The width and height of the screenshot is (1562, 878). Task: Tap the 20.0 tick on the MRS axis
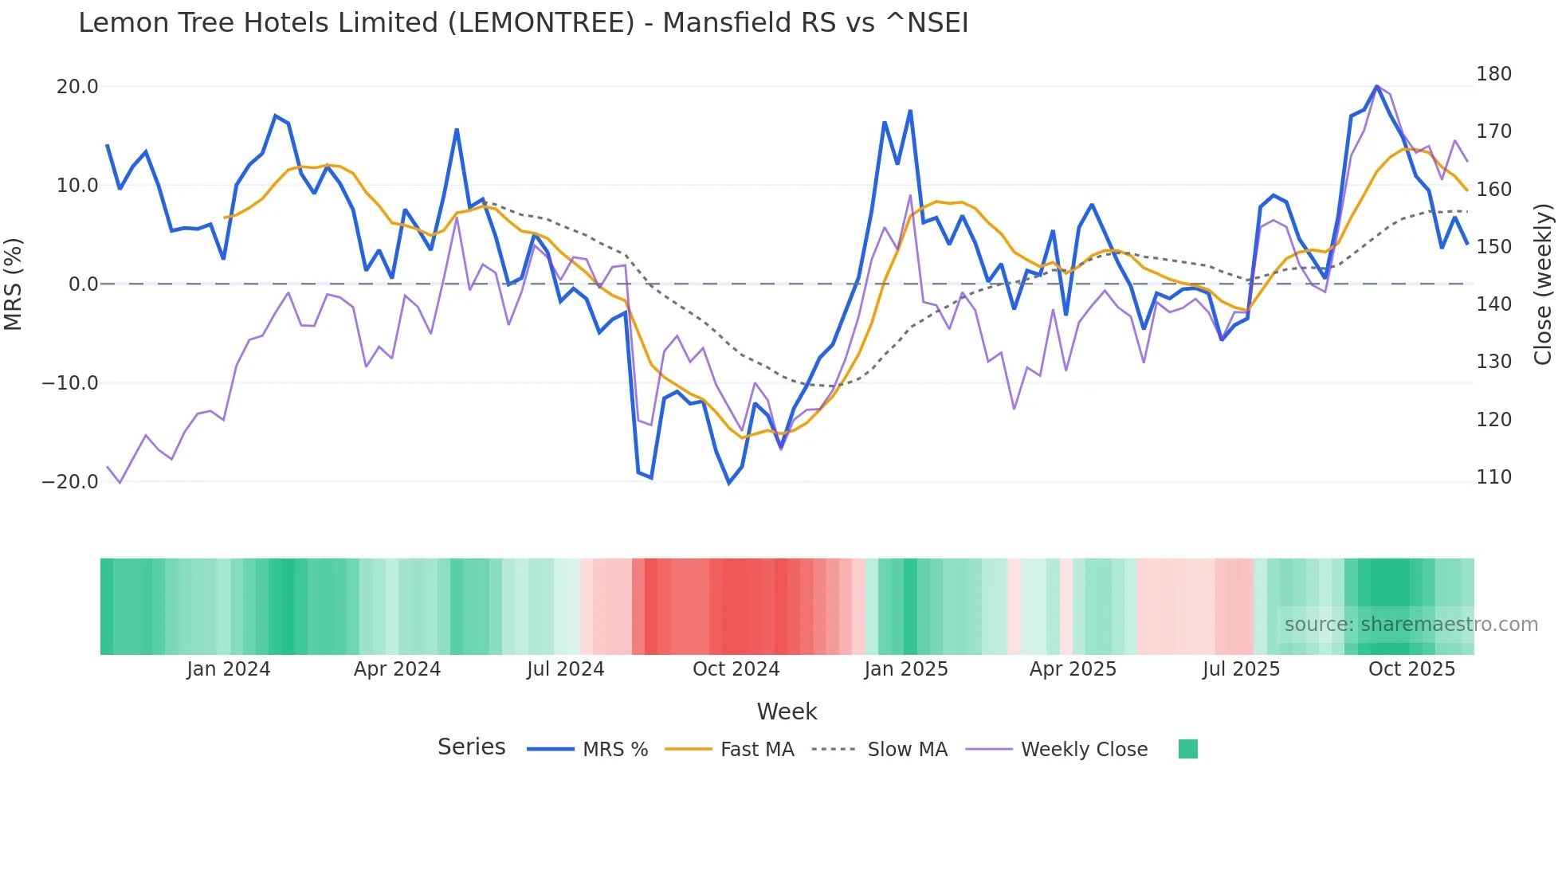click(x=77, y=87)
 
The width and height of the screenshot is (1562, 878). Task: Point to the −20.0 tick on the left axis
click(x=70, y=482)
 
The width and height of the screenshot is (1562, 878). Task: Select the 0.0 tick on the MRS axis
click(x=83, y=284)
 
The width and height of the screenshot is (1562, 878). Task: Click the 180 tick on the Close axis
click(x=1493, y=74)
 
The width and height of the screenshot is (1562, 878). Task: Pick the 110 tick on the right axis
click(x=1493, y=477)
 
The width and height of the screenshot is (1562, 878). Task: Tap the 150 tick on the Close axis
click(x=1493, y=247)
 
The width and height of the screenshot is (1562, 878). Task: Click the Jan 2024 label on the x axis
click(x=229, y=669)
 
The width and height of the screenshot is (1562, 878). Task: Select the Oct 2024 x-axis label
click(x=736, y=669)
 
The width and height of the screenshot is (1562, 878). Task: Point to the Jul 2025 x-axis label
click(x=1241, y=669)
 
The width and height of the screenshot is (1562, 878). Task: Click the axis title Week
click(x=787, y=711)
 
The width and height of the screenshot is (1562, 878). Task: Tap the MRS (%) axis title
click(x=14, y=284)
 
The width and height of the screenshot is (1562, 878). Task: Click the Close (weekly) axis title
click(x=1543, y=284)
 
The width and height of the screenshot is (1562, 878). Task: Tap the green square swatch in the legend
click(x=1187, y=749)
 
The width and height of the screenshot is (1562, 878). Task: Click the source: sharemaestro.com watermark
click(x=1411, y=625)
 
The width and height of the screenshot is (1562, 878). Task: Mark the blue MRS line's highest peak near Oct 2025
click(x=1376, y=86)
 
